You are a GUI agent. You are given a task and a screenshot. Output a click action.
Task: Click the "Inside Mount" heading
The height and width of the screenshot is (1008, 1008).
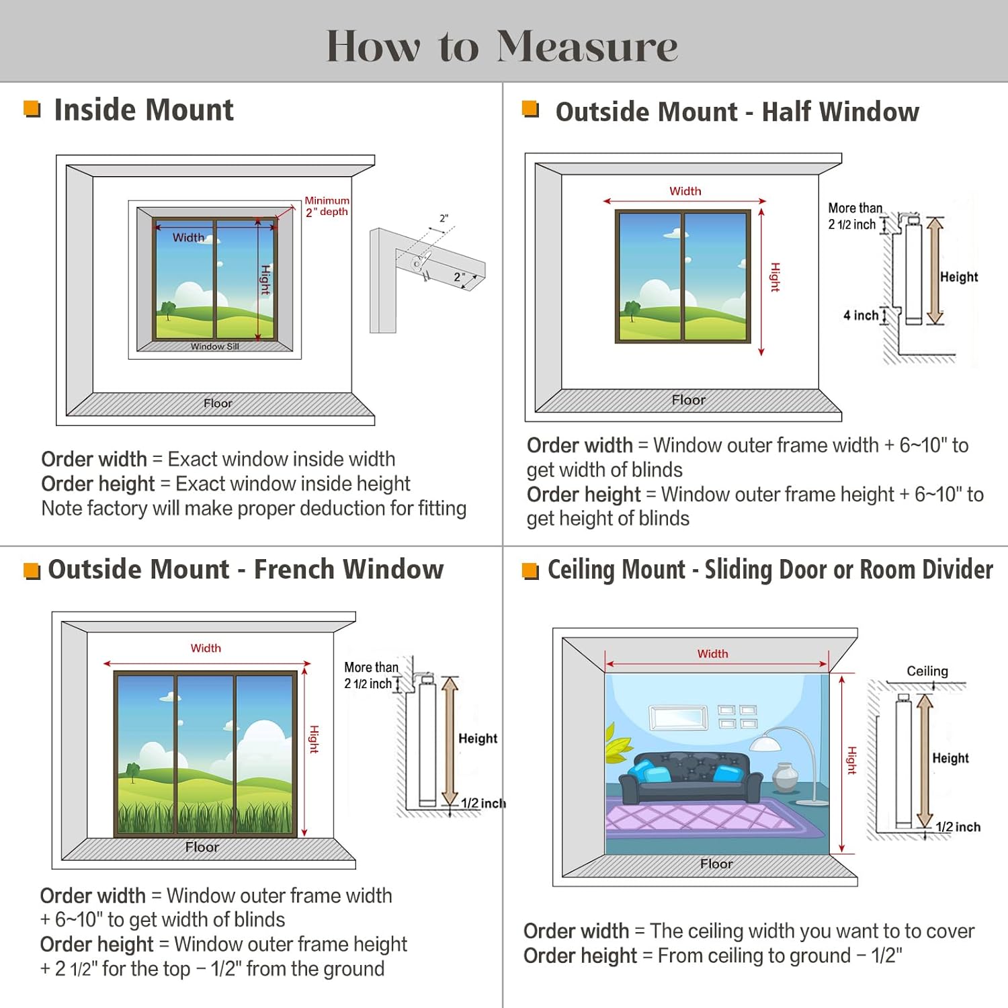point(143,110)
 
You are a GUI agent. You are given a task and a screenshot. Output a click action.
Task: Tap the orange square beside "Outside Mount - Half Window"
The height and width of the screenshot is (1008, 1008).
point(530,108)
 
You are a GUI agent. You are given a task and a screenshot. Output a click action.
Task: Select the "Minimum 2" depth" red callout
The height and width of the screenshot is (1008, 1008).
point(327,206)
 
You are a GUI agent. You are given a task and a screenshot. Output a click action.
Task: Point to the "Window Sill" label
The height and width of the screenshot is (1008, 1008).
point(214,347)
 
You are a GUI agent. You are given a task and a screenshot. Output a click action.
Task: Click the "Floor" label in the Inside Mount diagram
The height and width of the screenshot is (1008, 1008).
point(218,403)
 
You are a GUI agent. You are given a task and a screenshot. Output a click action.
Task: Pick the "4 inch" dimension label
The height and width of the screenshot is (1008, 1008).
point(861,315)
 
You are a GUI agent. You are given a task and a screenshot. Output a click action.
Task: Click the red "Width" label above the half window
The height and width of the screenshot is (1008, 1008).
point(685,191)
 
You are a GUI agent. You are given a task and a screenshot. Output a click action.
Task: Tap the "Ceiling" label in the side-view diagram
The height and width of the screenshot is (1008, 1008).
point(927,671)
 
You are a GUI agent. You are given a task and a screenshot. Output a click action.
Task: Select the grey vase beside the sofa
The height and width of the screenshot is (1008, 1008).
point(784,777)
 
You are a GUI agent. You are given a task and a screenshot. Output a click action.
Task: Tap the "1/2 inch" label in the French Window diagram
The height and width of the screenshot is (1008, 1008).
point(482,803)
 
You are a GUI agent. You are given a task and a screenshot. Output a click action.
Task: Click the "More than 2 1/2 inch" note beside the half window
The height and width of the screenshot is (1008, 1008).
point(853,216)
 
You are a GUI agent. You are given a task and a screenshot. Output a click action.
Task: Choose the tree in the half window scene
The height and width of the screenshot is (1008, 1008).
point(632,310)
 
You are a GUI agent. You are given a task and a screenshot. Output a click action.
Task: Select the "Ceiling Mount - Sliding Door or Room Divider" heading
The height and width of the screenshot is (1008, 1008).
point(769,569)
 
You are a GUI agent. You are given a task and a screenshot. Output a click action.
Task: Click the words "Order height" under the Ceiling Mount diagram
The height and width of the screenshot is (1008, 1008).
point(579,956)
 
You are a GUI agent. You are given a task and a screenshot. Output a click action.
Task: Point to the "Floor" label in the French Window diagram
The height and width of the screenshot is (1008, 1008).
point(202,847)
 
